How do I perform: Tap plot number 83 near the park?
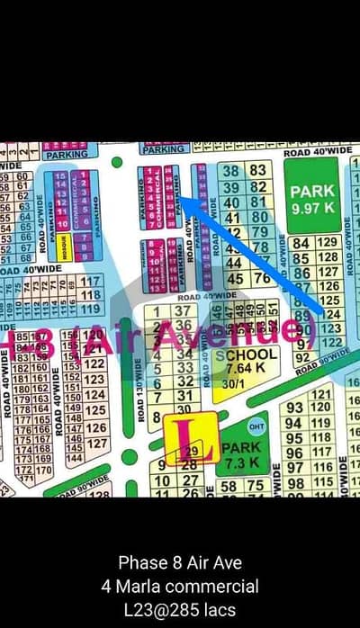[x=257, y=170]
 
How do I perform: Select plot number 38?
[x=231, y=170]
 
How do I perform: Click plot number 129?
[x=328, y=242]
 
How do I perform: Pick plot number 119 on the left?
[x=91, y=308]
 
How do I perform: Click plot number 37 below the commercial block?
[x=184, y=310]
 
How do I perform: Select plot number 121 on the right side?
[x=320, y=394]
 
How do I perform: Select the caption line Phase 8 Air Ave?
[x=179, y=563]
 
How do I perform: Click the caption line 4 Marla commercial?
[x=179, y=587]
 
